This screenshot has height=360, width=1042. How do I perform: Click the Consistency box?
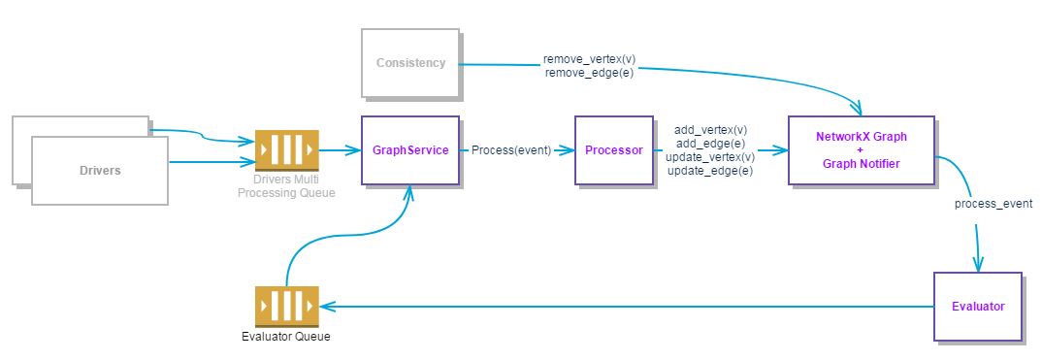pyautogui.click(x=410, y=63)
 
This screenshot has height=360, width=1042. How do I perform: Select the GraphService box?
pyautogui.click(x=410, y=150)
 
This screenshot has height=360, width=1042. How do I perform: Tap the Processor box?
pyautogui.click(x=614, y=150)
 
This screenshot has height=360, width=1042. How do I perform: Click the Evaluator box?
pyautogui.click(x=978, y=307)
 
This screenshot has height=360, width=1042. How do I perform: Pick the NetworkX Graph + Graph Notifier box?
pyautogui.click(x=862, y=150)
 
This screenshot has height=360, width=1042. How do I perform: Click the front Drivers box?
pyautogui.click(x=100, y=171)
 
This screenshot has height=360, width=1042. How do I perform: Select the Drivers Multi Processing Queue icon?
pyautogui.click(x=287, y=150)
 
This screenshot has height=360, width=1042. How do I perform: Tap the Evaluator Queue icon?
pyautogui.click(x=287, y=307)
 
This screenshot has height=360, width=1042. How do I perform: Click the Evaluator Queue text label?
pyautogui.click(x=286, y=336)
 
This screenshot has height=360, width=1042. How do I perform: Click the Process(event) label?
pyautogui.click(x=511, y=150)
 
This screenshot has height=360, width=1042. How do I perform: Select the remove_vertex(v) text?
pyautogui.click(x=590, y=59)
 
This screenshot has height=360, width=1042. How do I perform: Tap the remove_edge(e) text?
pyautogui.click(x=590, y=73)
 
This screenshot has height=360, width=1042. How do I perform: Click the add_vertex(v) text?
pyautogui.click(x=710, y=129)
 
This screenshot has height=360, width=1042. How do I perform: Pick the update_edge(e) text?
pyautogui.click(x=710, y=172)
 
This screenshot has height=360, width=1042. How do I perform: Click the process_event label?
pyautogui.click(x=993, y=203)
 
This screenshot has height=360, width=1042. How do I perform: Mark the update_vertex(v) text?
pyautogui.click(x=710, y=157)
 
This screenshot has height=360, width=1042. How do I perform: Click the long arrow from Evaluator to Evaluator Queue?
pyautogui.click(x=627, y=307)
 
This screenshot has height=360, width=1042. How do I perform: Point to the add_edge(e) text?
pyautogui.click(x=710, y=143)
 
